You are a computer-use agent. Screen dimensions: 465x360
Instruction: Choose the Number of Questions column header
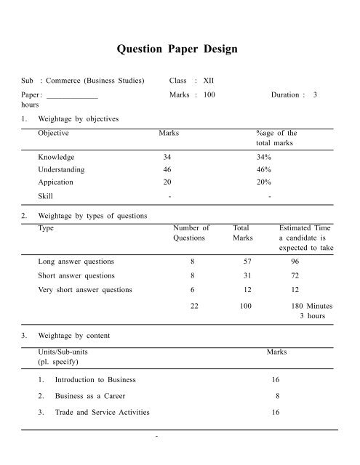pos(191,232)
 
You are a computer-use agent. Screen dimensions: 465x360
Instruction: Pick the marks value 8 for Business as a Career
pos(277,396)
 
